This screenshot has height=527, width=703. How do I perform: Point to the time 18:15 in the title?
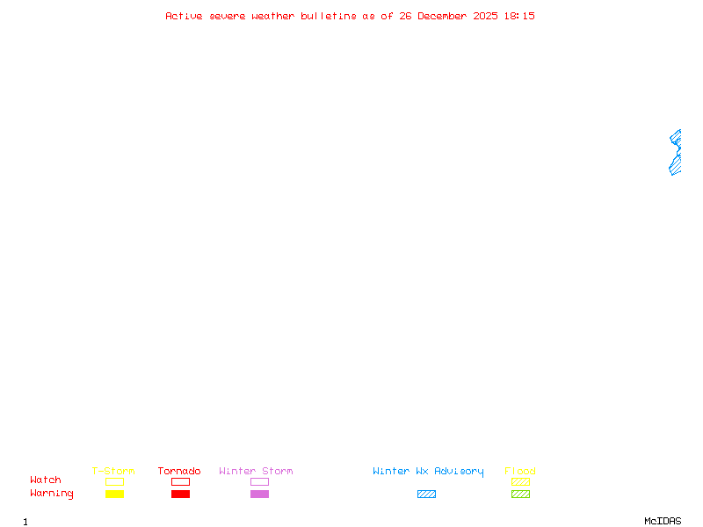click(x=519, y=16)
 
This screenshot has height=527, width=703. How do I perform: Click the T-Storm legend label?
click(x=113, y=472)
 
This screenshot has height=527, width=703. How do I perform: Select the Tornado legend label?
click(x=179, y=472)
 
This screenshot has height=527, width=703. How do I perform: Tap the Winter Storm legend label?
click(x=256, y=472)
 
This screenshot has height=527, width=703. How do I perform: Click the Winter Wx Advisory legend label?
click(x=428, y=472)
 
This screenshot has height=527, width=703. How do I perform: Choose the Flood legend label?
click(x=520, y=472)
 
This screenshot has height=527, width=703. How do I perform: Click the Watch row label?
click(x=46, y=480)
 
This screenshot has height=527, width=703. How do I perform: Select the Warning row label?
click(x=52, y=494)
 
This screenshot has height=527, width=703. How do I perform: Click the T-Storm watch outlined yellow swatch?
click(x=114, y=481)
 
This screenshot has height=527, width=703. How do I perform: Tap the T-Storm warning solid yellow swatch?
click(x=114, y=494)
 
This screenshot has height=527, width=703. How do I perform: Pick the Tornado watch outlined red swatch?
click(x=180, y=481)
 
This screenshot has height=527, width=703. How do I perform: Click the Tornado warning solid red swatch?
click(x=180, y=494)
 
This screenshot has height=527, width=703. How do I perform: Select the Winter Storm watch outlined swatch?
click(x=259, y=481)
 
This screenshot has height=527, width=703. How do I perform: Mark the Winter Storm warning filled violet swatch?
click(x=259, y=494)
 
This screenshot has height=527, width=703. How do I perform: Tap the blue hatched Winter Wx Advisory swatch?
click(x=426, y=494)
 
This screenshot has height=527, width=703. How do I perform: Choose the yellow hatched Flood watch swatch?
click(x=520, y=481)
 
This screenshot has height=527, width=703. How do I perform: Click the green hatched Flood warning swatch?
click(x=520, y=494)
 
